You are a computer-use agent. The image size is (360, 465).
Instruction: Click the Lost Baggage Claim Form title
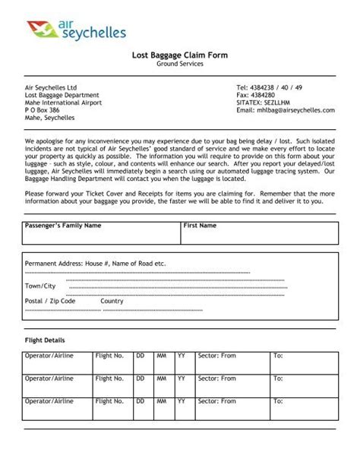[x=180, y=55]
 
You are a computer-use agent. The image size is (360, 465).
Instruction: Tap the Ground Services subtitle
[x=180, y=64]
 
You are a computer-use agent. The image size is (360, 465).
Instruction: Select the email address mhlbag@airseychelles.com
[x=286, y=110]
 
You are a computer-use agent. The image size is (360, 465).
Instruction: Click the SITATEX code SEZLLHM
[x=264, y=103]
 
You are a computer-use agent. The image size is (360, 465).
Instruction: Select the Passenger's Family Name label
[x=63, y=226]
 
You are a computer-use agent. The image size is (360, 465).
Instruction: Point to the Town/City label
[x=40, y=286]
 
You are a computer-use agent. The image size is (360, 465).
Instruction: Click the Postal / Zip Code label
[x=50, y=301]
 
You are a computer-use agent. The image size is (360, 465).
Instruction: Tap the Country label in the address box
[x=112, y=301]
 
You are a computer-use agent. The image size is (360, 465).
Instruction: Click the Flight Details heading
[x=45, y=340]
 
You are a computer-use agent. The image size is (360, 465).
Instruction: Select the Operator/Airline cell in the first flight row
[x=49, y=356]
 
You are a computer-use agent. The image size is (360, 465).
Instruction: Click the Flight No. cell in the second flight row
[x=109, y=378]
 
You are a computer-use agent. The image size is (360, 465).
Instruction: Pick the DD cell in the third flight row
[x=140, y=400]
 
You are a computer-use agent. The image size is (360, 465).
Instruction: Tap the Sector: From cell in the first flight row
[x=216, y=356]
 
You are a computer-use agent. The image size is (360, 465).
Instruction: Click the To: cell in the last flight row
[x=278, y=400]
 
